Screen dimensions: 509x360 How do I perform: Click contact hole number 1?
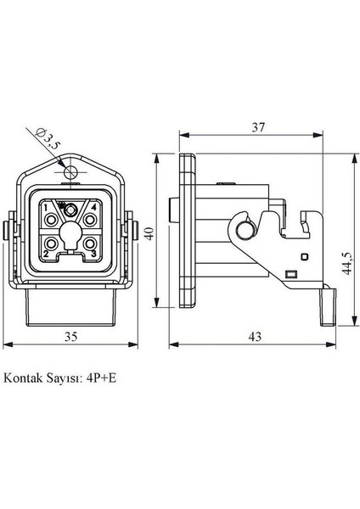click(53, 219)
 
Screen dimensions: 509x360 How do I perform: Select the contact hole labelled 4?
click(91, 219)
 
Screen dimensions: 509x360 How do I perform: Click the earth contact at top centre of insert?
click(72, 209)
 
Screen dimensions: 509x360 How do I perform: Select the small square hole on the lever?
click(304, 255)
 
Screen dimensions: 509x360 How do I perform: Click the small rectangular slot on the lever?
click(290, 273)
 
